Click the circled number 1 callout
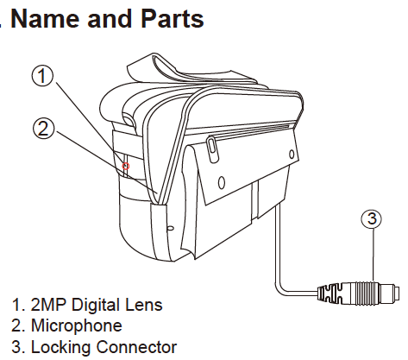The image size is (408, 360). [x=44, y=77]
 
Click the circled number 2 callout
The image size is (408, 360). [x=44, y=129]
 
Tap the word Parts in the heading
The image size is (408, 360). [x=168, y=19]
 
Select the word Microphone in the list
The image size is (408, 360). [x=76, y=326]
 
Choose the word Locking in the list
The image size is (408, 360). [x=61, y=347]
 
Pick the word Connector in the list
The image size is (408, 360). [x=136, y=347]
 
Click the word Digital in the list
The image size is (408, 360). [x=97, y=306]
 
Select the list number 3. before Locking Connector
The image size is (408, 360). [x=18, y=347]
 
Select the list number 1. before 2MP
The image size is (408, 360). [x=18, y=306]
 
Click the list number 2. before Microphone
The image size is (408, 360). [x=18, y=326]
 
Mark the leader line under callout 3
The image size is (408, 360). [x=371, y=254]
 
